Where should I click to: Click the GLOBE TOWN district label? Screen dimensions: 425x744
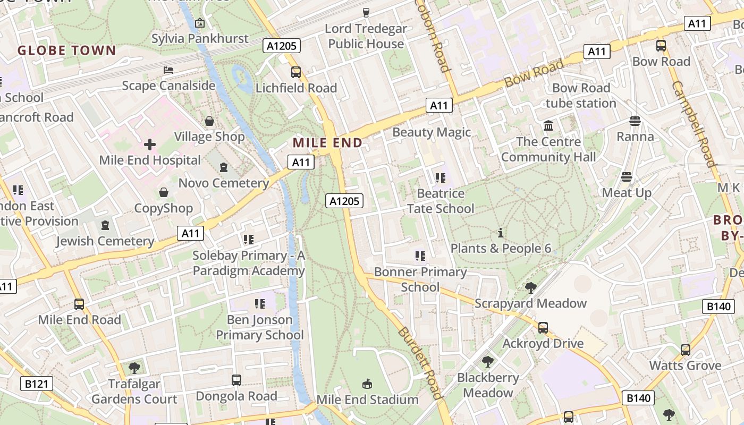[66, 50]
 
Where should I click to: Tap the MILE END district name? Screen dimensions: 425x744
[327, 142]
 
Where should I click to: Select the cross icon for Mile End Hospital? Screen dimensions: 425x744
[150, 144]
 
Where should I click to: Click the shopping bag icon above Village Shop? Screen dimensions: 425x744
[209, 122]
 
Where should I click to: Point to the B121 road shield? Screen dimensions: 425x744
[37, 383]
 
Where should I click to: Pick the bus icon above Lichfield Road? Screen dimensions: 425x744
[296, 72]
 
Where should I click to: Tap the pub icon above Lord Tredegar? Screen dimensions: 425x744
[366, 12]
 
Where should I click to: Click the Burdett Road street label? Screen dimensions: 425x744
[419, 363]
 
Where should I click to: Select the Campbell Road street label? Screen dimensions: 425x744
[693, 124]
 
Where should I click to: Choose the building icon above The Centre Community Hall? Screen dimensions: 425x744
[548, 126]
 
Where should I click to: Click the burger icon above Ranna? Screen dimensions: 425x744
[635, 121]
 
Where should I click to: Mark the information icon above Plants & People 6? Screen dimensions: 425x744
[500, 233]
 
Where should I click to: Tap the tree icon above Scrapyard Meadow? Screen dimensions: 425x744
[530, 288]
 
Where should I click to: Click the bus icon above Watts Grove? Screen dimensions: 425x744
[686, 350]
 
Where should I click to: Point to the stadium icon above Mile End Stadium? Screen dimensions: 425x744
[367, 384]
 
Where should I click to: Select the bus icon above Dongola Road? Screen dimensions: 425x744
[236, 380]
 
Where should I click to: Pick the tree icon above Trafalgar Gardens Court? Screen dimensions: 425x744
[134, 368]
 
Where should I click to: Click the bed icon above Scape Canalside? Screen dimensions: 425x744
[168, 70]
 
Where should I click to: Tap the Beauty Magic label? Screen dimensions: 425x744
[432, 132]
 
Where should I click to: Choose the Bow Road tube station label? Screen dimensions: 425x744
[581, 95]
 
